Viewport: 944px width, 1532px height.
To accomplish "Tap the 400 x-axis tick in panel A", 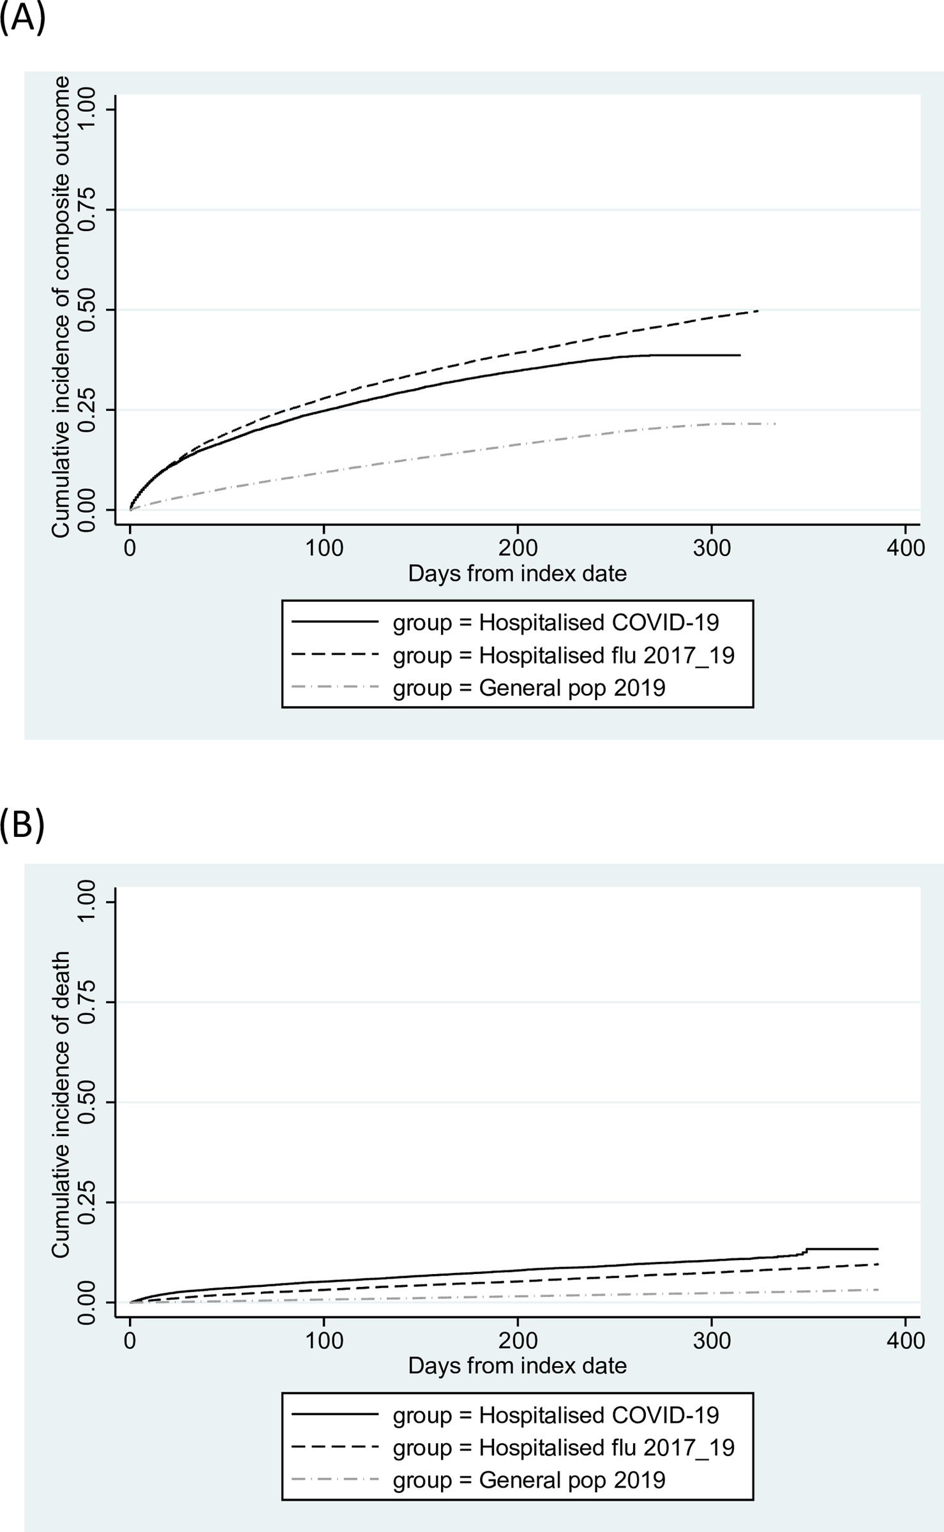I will (905, 547).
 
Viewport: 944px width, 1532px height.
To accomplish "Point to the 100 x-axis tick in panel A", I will (324, 547).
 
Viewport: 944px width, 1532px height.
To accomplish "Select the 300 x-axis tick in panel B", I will (711, 1340).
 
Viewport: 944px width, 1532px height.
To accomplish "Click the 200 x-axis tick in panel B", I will (517, 1340).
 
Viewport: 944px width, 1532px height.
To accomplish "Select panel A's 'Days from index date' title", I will (517, 573).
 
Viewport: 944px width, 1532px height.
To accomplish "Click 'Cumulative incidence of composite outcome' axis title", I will (61, 306).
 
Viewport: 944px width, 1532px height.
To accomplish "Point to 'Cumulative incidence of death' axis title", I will (61, 1104).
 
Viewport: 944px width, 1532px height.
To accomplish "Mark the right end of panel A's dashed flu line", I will (758, 311).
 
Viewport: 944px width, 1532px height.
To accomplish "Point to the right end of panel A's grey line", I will (775, 424).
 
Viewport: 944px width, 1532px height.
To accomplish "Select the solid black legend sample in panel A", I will (335, 622).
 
